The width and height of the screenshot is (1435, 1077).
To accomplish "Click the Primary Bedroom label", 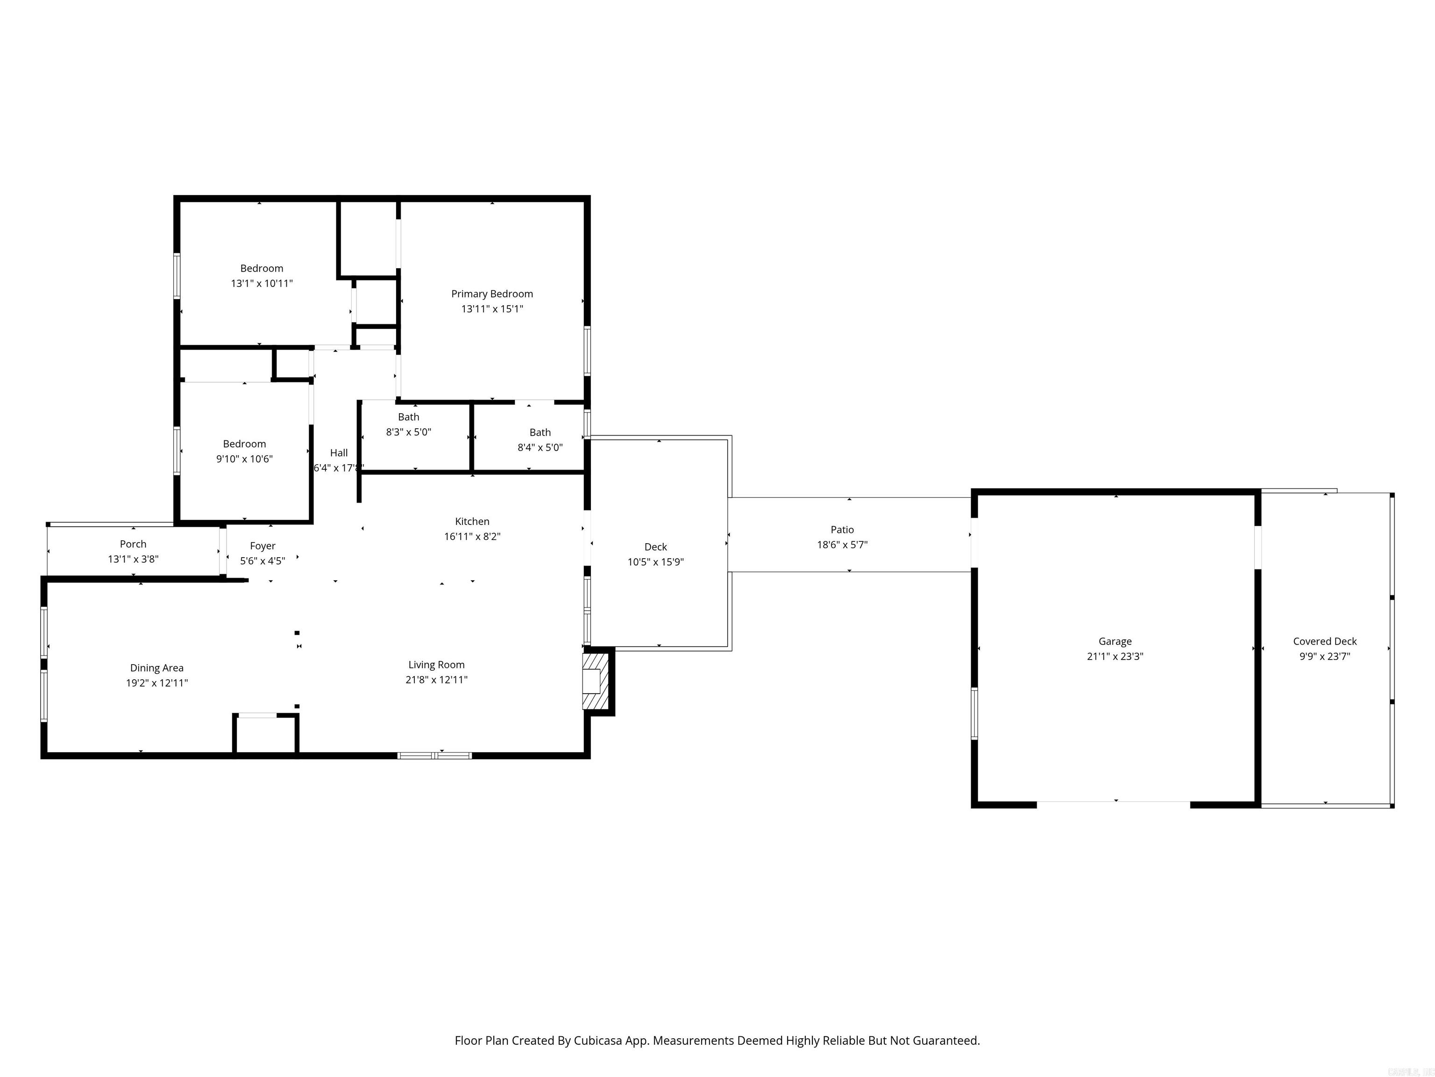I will coord(492,294).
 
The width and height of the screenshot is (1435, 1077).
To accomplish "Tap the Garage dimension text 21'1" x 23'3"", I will coord(1115,656).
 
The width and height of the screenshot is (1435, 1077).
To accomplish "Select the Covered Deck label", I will coord(1325,641).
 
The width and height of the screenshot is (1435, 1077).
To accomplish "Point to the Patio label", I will coord(842,530).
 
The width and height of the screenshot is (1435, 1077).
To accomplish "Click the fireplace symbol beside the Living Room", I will coord(595,681).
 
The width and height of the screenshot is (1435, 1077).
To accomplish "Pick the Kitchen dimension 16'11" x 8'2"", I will coord(472,536).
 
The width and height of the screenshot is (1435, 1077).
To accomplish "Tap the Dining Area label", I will coord(157,668).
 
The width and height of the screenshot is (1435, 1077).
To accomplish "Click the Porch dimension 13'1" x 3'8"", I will coord(133,559).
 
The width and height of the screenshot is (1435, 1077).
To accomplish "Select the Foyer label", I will coord(263,546).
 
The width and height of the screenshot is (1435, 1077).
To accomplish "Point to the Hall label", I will coord(339,453).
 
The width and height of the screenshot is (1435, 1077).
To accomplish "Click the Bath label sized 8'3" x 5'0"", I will coord(409,417).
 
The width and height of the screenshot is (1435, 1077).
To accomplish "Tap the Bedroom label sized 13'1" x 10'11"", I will coord(262,268).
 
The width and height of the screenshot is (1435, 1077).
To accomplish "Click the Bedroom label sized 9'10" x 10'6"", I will coord(245,444).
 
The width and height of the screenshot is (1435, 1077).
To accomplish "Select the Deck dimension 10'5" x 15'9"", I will coord(655,562).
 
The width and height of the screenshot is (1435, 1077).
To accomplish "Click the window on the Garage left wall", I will coord(974,713).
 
